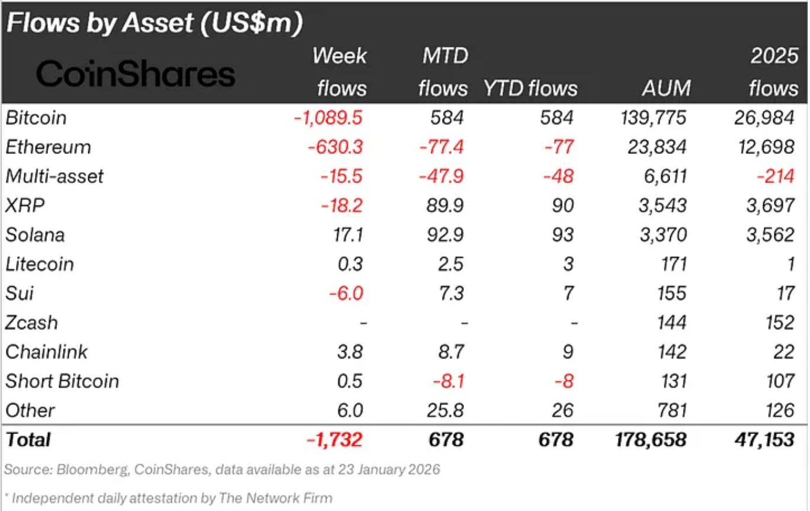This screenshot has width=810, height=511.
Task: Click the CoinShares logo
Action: tap(136, 75)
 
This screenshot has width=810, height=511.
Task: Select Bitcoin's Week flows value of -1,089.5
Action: tap(328, 118)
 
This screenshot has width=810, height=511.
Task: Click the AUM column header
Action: tap(665, 88)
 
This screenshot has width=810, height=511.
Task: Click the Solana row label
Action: tap(35, 235)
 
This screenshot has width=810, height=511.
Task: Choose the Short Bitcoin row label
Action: tap(62, 381)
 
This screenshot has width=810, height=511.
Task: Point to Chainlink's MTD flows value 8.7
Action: tap(448, 352)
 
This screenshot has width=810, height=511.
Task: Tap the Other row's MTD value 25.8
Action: tap(443, 410)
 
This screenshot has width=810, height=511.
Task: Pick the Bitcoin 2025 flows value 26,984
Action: tap(764, 118)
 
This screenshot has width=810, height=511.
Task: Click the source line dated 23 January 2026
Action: tap(222, 470)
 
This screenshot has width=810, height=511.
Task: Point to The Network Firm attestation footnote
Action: tap(169, 498)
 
